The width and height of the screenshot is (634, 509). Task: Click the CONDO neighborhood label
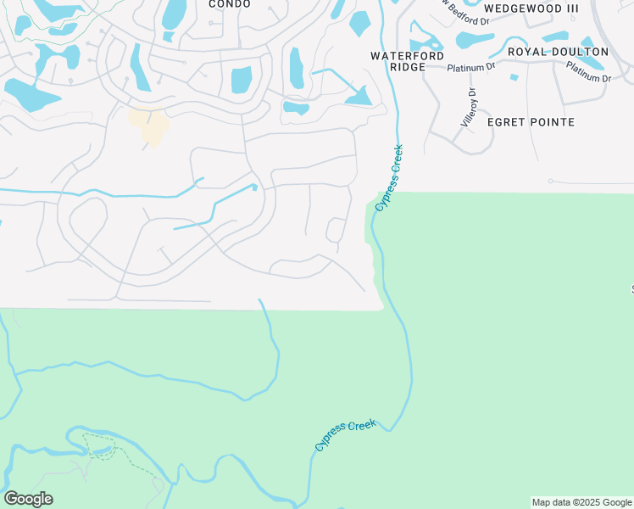[230, 4]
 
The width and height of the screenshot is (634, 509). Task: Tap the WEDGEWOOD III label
[531, 8]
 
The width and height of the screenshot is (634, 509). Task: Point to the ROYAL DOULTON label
[558, 52]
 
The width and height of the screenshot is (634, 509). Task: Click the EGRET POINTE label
[531, 122]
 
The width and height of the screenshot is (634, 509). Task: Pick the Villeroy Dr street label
[469, 108]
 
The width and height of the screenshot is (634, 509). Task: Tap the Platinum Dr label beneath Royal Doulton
[588, 73]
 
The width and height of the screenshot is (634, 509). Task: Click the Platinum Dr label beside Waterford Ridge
[472, 66]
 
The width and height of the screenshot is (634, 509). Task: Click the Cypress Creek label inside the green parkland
[345, 434]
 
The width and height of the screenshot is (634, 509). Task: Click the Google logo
[28, 499]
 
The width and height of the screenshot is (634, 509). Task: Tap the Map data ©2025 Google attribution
[581, 502]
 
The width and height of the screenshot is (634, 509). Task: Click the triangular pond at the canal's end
[360, 98]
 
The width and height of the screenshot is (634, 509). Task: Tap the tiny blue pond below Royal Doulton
[514, 77]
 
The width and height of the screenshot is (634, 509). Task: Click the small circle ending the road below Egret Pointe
[550, 181]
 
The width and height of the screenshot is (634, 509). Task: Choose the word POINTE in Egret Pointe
[554, 122]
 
